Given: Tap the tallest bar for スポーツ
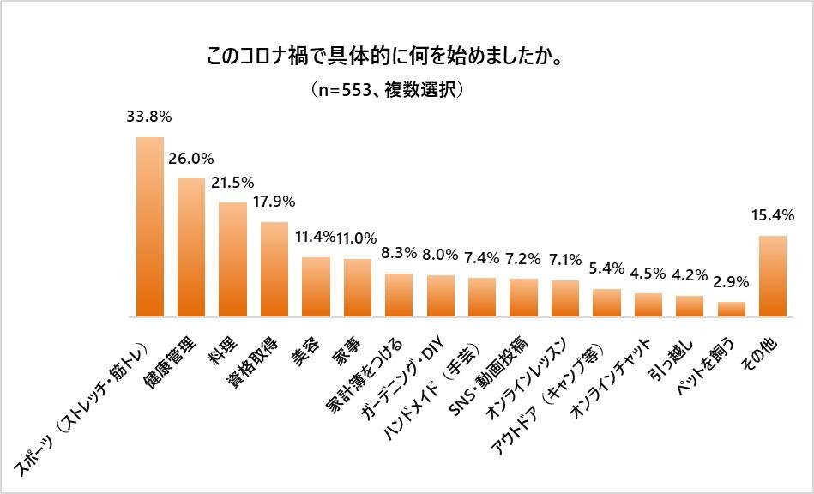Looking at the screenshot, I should pos(150,227).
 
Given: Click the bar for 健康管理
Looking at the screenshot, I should pos(190,248).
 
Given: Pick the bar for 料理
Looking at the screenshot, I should pos(232,260).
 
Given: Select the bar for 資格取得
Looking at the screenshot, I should pos(274,269).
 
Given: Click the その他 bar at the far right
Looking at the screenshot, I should pos(774,276).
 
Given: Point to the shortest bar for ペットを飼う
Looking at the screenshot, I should pos(732,310).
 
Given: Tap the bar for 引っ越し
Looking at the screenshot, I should pos(690,306).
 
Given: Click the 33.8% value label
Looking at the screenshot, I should pos(150,115).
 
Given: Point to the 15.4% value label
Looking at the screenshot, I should pos(774,214).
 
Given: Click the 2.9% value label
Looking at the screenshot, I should pos(732,281).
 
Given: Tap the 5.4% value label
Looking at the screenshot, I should pos(606,268).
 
